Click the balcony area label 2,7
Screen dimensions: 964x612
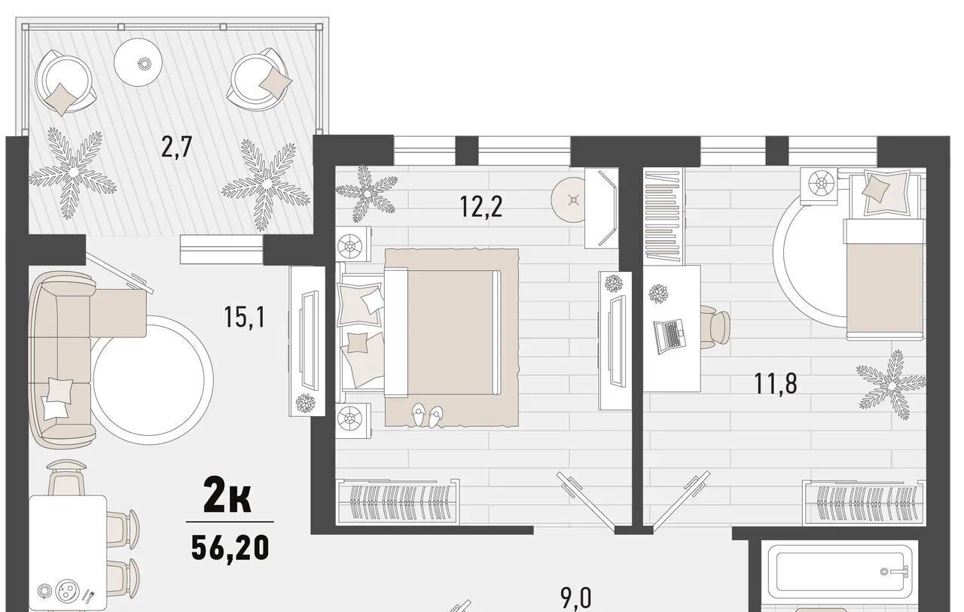click(x=175, y=147)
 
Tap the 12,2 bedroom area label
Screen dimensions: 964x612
click(x=480, y=206)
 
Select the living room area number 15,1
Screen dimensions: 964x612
click(x=245, y=317)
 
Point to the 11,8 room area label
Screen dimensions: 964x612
click(x=776, y=384)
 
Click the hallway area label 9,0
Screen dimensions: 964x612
click(x=576, y=598)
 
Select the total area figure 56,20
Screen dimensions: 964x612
click(x=230, y=548)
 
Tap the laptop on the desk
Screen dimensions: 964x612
click(x=670, y=336)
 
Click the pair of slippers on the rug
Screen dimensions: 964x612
click(x=427, y=416)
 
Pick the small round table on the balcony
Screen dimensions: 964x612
click(x=138, y=62)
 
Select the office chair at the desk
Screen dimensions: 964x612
click(x=715, y=327)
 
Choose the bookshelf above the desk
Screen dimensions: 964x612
click(x=664, y=215)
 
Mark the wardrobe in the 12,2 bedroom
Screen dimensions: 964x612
click(x=397, y=502)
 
